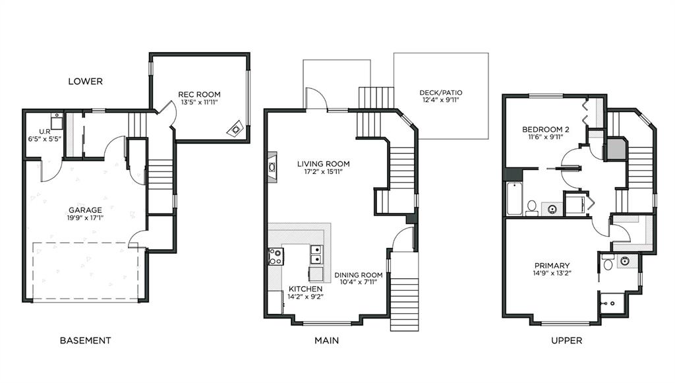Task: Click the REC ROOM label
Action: pyautogui.click(x=199, y=94)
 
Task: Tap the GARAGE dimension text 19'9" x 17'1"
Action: pyautogui.click(x=85, y=218)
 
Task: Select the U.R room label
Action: pyautogui.click(x=45, y=132)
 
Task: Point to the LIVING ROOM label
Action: pyautogui.click(x=323, y=163)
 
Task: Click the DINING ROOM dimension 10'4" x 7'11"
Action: pyautogui.click(x=359, y=282)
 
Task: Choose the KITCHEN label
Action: pyautogui.click(x=305, y=289)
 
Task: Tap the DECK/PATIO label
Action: pyautogui.click(x=441, y=92)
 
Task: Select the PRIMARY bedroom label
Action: pyautogui.click(x=552, y=266)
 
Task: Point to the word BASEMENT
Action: pyautogui.click(x=85, y=340)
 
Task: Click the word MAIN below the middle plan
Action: pyautogui.click(x=326, y=340)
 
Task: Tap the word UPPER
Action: pyautogui.click(x=566, y=340)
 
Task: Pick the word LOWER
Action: pyautogui.click(x=85, y=81)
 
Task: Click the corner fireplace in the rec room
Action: pyautogui.click(x=235, y=129)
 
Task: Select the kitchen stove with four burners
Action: pyautogui.click(x=276, y=256)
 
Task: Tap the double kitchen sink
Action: pyautogui.click(x=316, y=254)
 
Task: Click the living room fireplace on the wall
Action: pyautogui.click(x=272, y=167)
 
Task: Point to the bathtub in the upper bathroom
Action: pyautogui.click(x=514, y=198)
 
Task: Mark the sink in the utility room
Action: pyautogui.click(x=57, y=118)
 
